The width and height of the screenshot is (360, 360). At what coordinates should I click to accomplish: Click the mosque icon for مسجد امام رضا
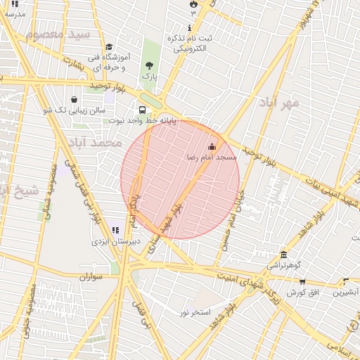point(212,146)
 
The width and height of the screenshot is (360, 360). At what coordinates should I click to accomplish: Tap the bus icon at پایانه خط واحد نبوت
point(143,110)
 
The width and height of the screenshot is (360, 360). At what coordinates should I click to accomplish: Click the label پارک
point(148,75)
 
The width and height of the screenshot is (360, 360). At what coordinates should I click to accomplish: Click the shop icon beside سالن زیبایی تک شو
point(75,99)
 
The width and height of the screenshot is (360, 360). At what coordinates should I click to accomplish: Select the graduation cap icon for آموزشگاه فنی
point(109,47)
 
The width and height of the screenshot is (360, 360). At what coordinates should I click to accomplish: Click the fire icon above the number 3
point(193,4)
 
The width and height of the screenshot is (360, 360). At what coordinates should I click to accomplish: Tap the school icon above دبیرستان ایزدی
point(116,230)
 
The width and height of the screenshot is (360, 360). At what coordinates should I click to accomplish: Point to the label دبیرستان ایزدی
point(116,241)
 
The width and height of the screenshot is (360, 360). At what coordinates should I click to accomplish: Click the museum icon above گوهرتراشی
point(283,254)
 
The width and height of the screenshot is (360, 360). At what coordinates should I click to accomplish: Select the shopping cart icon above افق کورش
point(302,281)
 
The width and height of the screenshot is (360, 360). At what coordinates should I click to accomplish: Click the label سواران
point(91,276)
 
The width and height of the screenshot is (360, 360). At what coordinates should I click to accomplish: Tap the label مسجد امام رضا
point(212,157)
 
